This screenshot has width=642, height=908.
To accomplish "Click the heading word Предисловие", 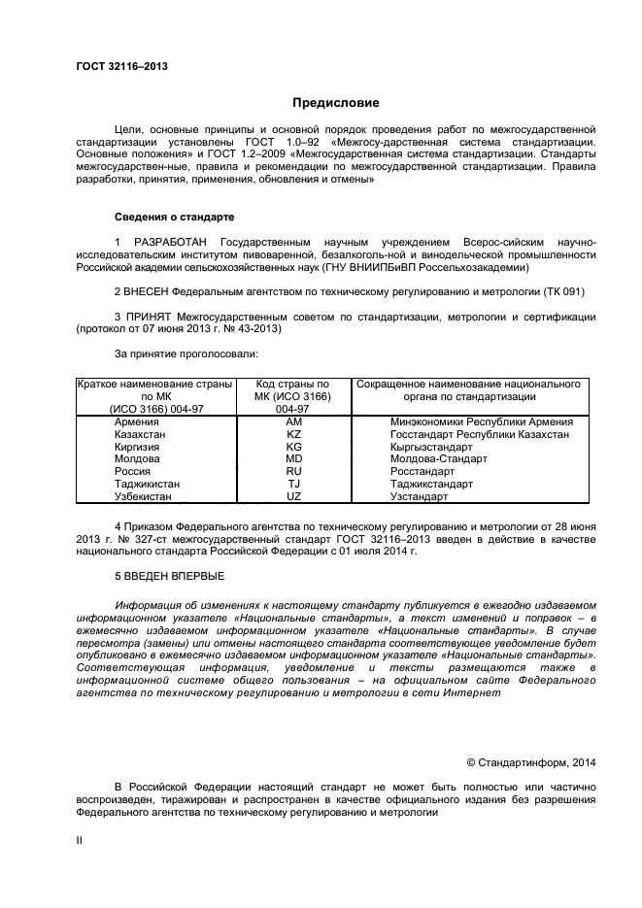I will tap(335, 103).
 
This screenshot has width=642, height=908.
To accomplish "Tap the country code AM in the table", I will tap(293, 421).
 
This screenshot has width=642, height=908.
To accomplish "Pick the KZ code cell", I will tap(293, 434).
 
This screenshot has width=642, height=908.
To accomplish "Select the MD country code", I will tap(293, 458).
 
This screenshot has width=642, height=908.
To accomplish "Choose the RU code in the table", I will tap(293, 471).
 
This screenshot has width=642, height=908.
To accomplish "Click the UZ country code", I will tap(293, 496).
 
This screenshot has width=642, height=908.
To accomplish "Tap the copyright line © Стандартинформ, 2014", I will tap(531, 762).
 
